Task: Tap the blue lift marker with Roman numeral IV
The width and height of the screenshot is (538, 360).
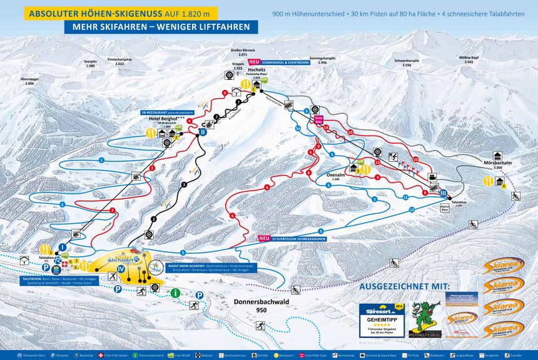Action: click(x=121, y=269)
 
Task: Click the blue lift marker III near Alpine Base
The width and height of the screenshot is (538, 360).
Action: click(x=443, y=193)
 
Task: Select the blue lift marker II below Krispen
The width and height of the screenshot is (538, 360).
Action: click(x=203, y=132)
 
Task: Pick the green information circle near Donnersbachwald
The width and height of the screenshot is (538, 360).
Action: click(x=176, y=292)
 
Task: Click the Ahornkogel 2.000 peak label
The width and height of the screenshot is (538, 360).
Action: click(x=30, y=81)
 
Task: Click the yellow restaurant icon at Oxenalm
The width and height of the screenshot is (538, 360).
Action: click(x=365, y=170)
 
